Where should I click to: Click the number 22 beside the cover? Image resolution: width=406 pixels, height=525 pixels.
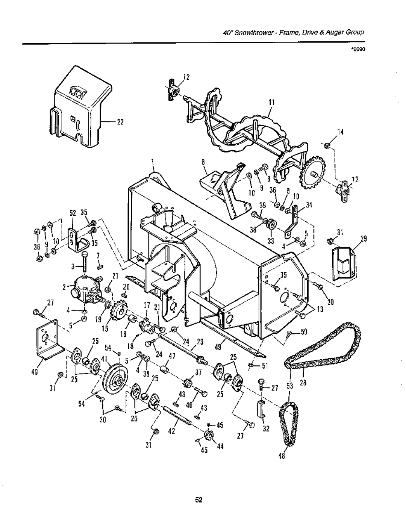(x=120, y=122)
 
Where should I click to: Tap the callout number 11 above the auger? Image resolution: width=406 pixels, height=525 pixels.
(x=272, y=103)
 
